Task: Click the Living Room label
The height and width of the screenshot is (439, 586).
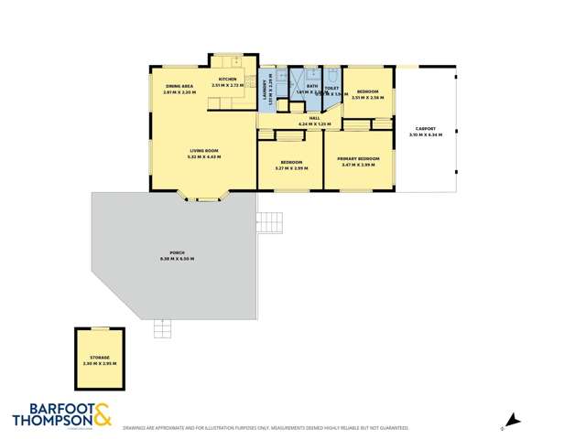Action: (x=204, y=151)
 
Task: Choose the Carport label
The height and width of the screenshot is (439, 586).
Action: (x=427, y=128)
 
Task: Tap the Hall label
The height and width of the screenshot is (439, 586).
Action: (x=313, y=118)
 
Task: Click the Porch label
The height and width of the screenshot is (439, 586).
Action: (x=177, y=253)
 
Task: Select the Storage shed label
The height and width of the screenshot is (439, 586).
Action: (x=100, y=358)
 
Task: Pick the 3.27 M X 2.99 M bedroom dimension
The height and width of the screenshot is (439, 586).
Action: (x=291, y=167)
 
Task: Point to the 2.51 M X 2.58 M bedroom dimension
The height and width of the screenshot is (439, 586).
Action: (x=366, y=98)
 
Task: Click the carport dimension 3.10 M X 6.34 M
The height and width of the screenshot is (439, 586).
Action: (x=427, y=134)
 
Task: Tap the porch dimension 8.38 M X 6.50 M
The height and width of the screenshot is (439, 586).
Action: (x=177, y=259)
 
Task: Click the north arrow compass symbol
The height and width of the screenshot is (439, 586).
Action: (x=513, y=421)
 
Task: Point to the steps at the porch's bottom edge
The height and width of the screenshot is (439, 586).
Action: (x=163, y=327)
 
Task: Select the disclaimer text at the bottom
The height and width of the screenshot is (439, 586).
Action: (x=265, y=427)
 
